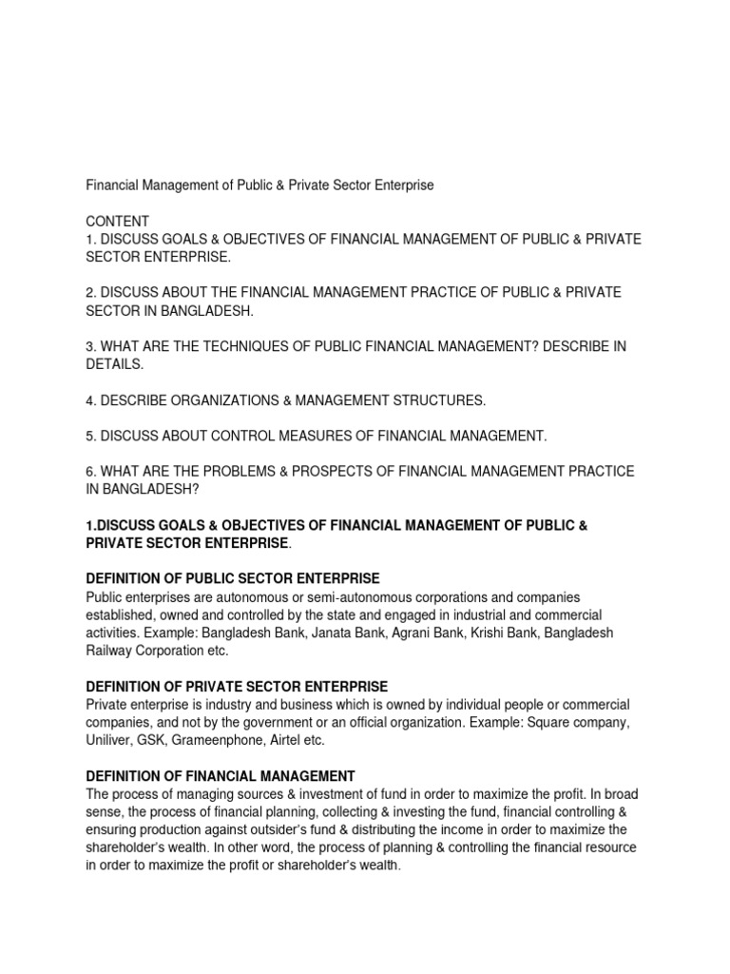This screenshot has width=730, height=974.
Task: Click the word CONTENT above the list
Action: [115, 220]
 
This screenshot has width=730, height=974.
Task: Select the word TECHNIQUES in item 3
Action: [231, 346]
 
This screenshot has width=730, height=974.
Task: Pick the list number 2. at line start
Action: [92, 292]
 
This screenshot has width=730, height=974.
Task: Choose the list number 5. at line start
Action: [92, 436]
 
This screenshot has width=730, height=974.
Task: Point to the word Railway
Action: [111, 652]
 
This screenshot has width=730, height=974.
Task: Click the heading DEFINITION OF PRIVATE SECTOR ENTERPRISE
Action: [237, 687]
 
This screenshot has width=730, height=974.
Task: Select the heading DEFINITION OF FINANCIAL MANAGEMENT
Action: [221, 776]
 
